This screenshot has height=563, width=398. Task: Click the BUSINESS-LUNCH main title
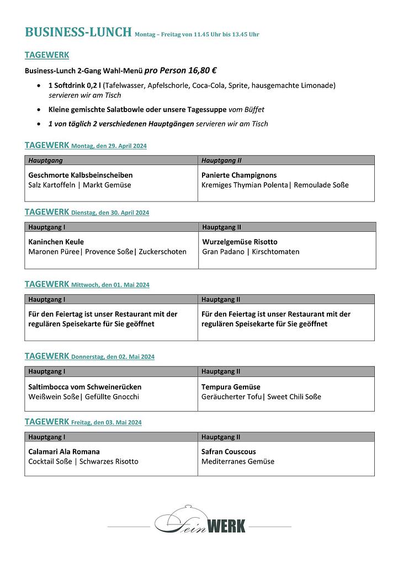pyautogui.click(x=78, y=32)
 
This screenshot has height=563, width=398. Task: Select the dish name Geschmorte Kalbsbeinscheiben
pyautogui.click(x=81, y=175)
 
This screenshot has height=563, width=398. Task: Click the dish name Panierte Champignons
pyautogui.click(x=239, y=175)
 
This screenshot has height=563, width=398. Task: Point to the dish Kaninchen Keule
pyautogui.click(x=56, y=242)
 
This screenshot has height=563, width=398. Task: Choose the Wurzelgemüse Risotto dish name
pyautogui.click(x=240, y=242)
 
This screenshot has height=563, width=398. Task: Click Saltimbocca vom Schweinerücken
pyautogui.click(x=84, y=387)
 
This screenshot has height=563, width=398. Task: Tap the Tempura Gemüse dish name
pyautogui.click(x=231, y=387)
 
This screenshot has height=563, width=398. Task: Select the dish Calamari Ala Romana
pyautogui.click(x=64, y=452)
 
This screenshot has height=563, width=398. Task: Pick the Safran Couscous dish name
pyautogui.click(x=229, y=452)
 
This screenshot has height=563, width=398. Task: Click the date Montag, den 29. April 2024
pyautogui.click(x=109, y=146)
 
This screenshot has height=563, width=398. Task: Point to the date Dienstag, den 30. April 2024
pyautogui.click(x=110, y=213)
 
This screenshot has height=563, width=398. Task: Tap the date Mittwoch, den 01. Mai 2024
pyautogui.click(x=110, y=285)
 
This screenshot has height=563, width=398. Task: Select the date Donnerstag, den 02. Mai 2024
pyautogui.click(x=113, y=357)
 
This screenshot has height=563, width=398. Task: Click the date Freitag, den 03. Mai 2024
pyautogui.click(x=107, y=423)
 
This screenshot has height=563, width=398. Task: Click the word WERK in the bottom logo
pyautogui.click(x=227, y=526)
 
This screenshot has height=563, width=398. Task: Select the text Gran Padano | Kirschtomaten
pyautogui.click(x=251, y=252)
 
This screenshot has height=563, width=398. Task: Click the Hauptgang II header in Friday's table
pyautogui.click(x=221, y=437)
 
